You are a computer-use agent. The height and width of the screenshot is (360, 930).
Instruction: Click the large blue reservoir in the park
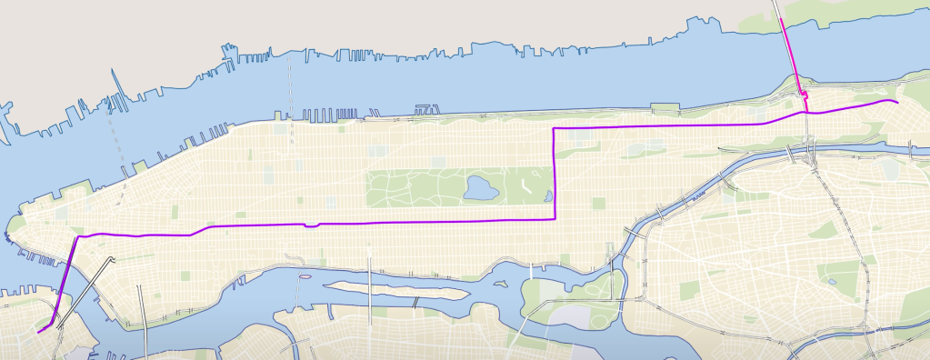coord(480,188)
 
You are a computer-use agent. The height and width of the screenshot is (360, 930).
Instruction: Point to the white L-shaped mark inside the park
coord(525,185)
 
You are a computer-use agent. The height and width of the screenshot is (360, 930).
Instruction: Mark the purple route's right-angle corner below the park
coord(555,219)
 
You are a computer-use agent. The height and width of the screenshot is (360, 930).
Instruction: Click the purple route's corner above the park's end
coord(555,129)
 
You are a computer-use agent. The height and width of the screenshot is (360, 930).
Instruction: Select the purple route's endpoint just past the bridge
coord(38,333)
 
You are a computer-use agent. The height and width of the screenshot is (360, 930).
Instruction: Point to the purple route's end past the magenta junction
coord(898,104)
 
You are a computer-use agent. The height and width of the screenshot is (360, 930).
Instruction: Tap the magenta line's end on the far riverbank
coord(783,17)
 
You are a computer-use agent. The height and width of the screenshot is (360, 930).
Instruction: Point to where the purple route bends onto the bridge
coord(76,237)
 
